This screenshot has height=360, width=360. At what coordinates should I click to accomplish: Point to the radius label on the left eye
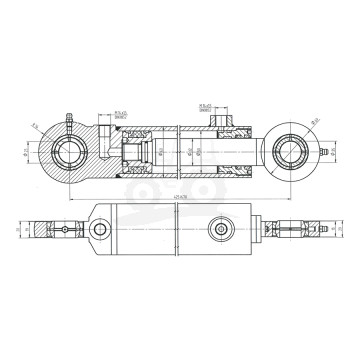point(34,127)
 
